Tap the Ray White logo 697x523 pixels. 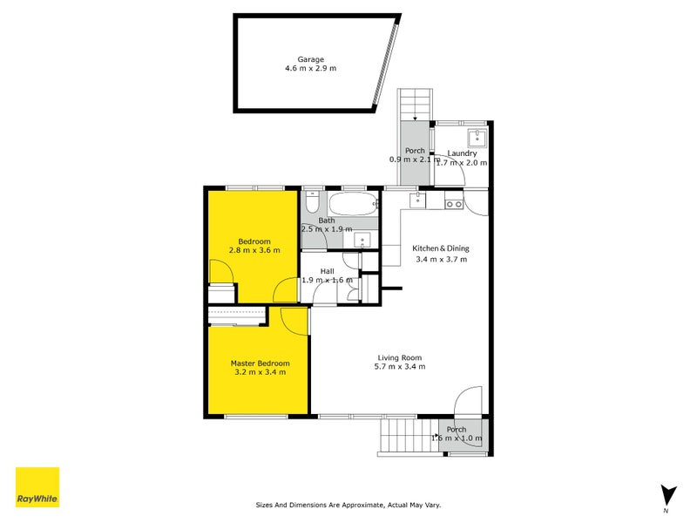pyautogui.click(x=37, y=487)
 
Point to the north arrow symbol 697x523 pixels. pyautogui.click(x=667, y=494)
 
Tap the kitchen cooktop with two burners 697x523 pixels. pyautogui.click(x=453, y=204)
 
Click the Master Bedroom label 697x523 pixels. pyautogui.click(x=260, y=363)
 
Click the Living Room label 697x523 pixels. pyautogui.click(x=400, y=357)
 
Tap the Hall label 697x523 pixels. pyautogui.click(x=327, y=271)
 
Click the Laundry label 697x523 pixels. pyautogui.click(x=462, y=153)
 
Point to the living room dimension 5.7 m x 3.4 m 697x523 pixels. pyautogui.click(x=400, y=366)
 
